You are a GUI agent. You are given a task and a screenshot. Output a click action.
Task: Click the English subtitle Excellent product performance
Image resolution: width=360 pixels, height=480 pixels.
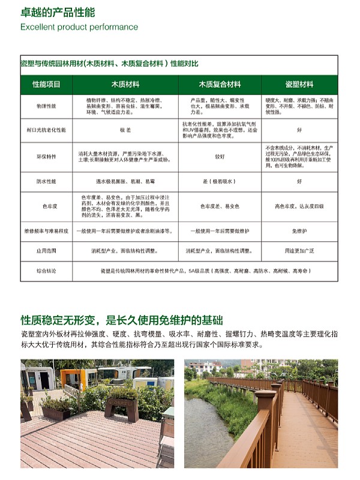pyautogui.click(x=79, y=27)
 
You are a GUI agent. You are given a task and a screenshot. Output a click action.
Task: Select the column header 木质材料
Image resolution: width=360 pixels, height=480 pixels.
pyautogui.click(x=125, y=85)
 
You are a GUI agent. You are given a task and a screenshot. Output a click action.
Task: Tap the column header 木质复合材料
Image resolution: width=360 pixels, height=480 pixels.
pyautogui.click(x=220, y=85)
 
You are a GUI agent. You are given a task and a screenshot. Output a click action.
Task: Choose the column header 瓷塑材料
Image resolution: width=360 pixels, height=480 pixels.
pyautogui.click(x=299, y=85)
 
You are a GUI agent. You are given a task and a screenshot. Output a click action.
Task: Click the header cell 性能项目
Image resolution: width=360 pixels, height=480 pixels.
pyautogui.click(x=46, y=85)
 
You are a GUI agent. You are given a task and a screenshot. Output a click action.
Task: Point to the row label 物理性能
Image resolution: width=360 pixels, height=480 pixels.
pyautogui.click(x=46, y=106)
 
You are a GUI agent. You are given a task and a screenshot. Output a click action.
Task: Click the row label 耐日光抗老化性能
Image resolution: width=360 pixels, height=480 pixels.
pyautogui.click(x=46, y=130)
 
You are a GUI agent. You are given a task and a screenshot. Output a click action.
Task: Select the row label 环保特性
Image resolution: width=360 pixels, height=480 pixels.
pyautogui.click(x=46, y=157)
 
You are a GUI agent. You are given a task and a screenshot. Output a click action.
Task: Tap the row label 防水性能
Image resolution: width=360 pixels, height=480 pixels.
pyautogui.click(x=46, y=181)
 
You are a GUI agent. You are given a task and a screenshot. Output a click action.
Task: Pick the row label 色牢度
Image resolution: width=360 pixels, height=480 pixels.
pyautogui.click(x=46, y=206)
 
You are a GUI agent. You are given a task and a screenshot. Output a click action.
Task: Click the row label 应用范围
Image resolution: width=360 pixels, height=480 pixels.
pyautogui.click(x=46, y=251)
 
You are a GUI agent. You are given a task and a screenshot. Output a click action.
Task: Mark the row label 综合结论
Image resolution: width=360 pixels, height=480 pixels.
pyautogui.click(x=46, y=271)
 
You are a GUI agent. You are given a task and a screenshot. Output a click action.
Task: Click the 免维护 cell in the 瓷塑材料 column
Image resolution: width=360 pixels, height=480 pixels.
pyautogui.click(x=299, y=230)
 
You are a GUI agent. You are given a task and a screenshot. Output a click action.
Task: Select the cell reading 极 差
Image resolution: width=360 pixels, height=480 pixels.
pyautogui.click(x=125, y=130)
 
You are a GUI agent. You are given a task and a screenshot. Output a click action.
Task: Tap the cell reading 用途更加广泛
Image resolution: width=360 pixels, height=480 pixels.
pyautogui.click(x=299, y=251)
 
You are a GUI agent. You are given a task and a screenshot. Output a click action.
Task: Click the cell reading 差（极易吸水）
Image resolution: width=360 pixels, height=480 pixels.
pyautogui.click(x=220, y=181)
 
